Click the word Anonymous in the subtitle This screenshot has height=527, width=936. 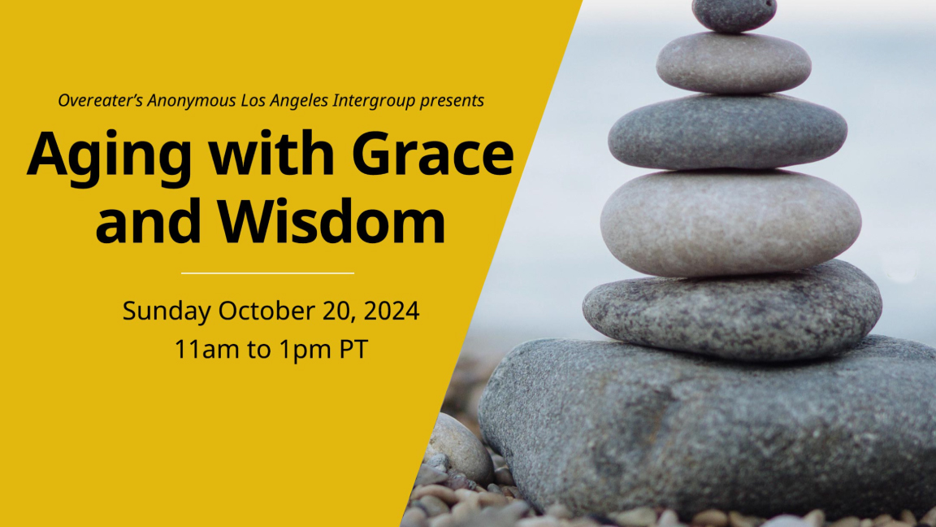coord(192,100)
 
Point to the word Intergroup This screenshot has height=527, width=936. coord(374,100)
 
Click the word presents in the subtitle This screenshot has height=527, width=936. coord(451,101)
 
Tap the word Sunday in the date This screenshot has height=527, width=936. coord(167,311)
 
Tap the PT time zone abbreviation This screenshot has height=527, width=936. coord(354,349)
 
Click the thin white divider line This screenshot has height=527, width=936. coord(267,273)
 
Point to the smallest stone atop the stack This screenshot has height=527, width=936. coord(734,15)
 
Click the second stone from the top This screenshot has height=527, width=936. coord(734,63)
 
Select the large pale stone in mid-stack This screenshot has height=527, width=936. coord(730,222)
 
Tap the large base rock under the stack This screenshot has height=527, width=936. coord(708,427)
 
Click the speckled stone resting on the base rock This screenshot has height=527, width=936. coord(732,311)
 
